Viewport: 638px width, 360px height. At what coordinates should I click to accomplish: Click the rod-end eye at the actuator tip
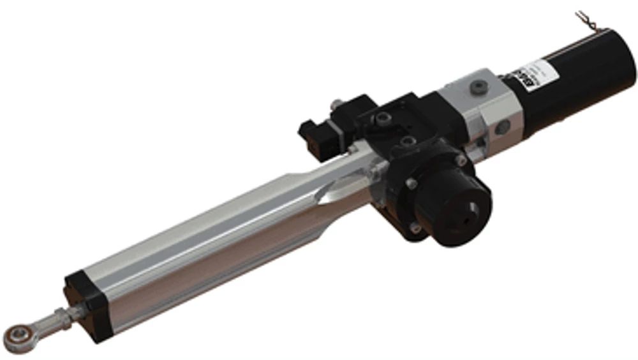click(15, 334)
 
